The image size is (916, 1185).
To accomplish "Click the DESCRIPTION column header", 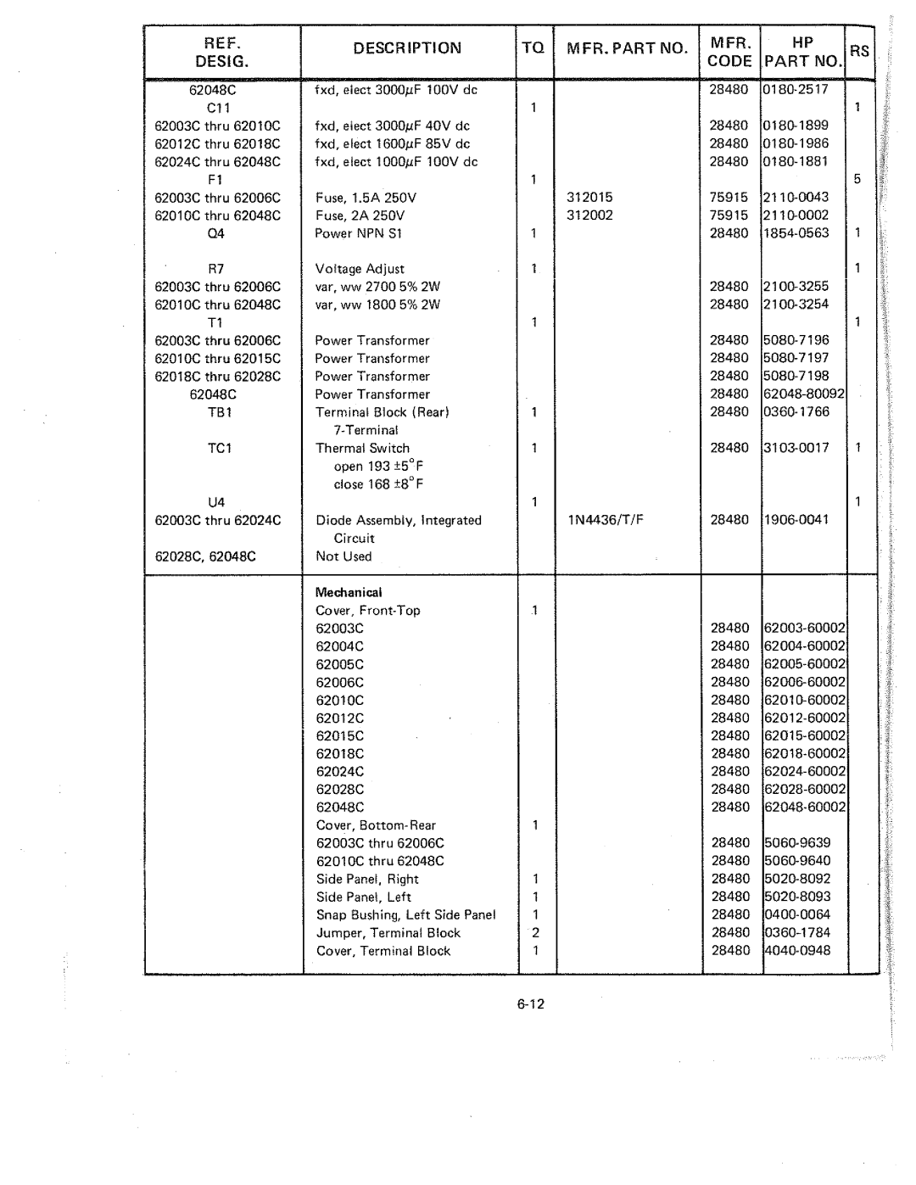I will click(409, 48).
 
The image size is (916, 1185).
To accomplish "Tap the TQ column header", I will click(533, 48).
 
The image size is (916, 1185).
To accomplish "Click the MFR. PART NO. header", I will click(627, 48).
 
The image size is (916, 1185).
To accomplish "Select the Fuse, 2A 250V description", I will click(360, 215).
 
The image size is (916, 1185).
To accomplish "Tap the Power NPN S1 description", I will click(359, 233).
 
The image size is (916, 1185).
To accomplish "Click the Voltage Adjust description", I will click(360, 269).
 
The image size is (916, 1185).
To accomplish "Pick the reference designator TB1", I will click(218, 412).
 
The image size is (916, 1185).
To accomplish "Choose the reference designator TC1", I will click(218, 448).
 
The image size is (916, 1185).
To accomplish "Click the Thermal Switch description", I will click(362, 448).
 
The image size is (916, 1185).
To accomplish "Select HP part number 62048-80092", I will click(804, 394).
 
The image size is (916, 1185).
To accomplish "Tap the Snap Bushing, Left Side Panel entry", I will click(405, 914).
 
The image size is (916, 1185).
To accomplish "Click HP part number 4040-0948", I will click(797, 951).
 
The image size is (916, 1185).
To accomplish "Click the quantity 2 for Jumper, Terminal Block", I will click(535, 933).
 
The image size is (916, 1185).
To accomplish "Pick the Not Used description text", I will click(343, 556).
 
